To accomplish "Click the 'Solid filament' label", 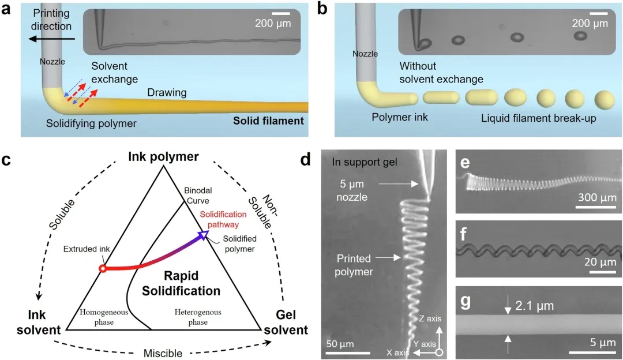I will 268,121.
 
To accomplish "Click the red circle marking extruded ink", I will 102,268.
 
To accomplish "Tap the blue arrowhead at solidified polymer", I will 202,234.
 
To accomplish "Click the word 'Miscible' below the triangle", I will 163,352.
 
